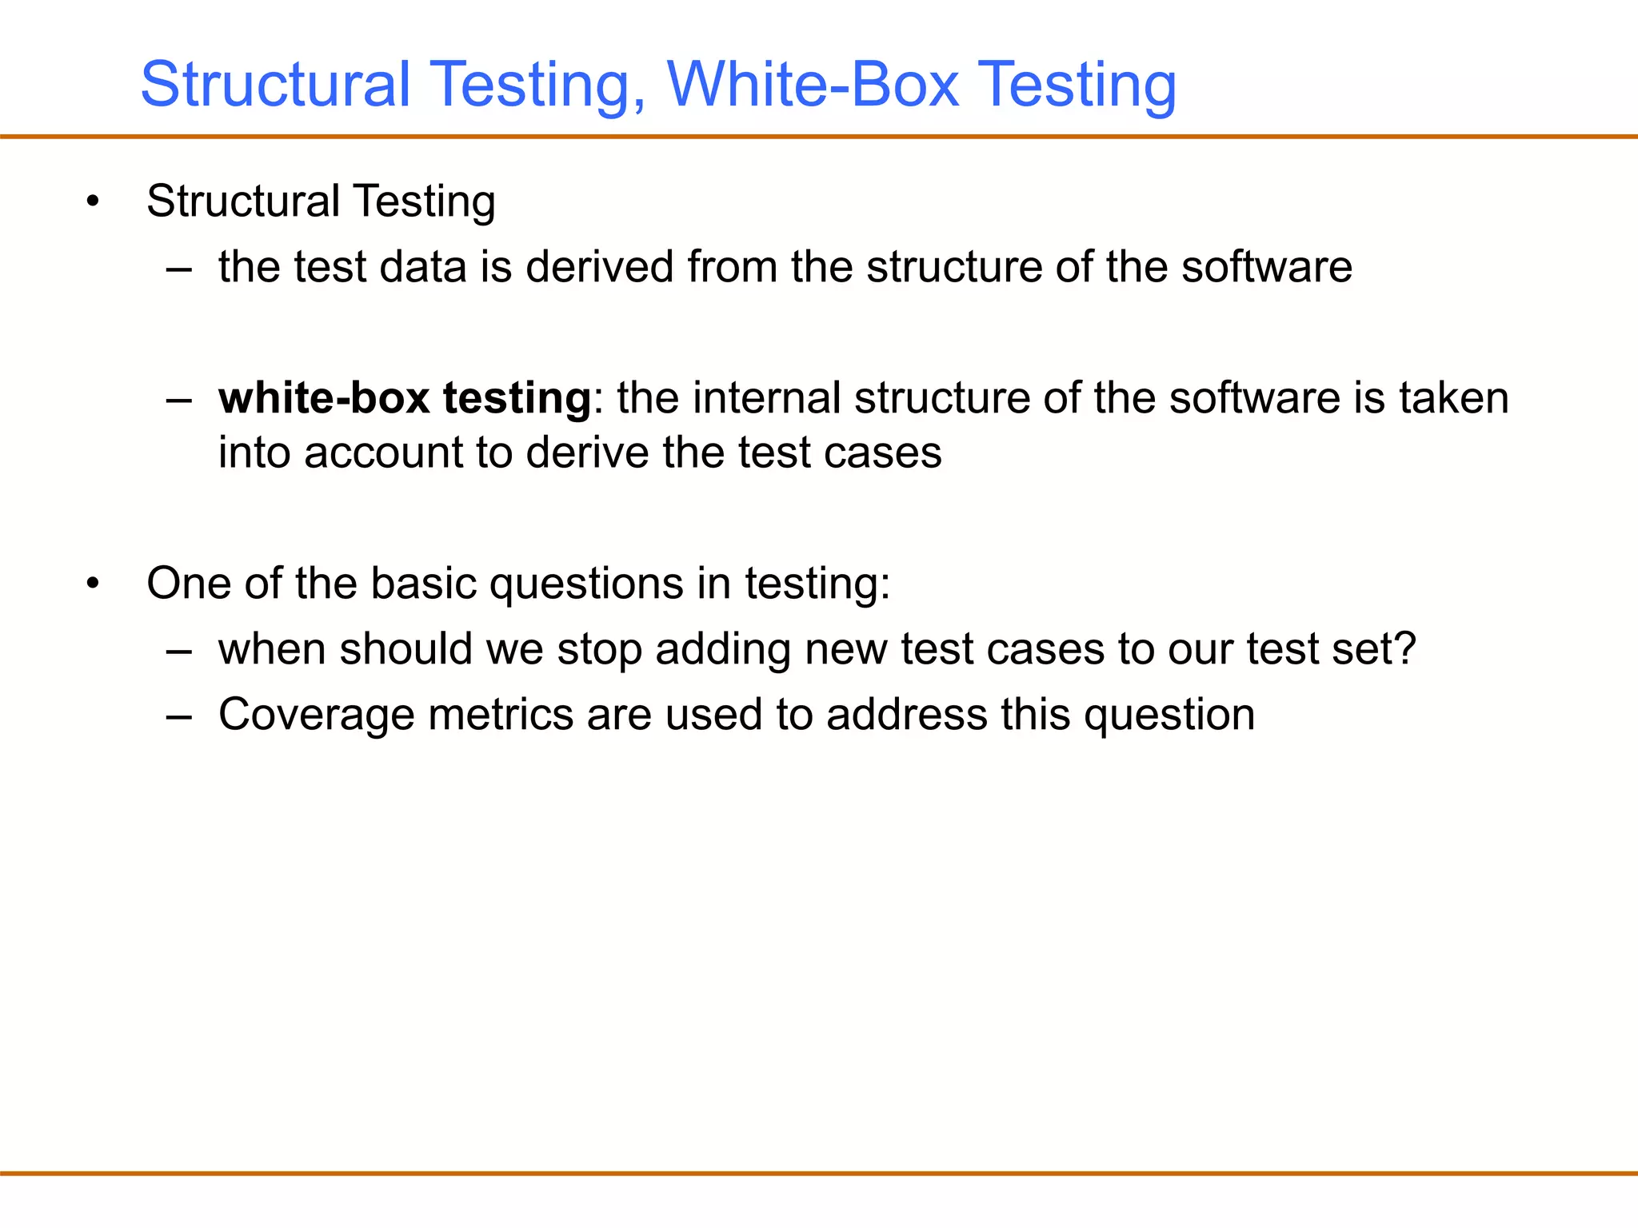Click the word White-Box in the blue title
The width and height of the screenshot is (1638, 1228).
point(812,84)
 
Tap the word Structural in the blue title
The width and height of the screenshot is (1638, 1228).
point(275,84)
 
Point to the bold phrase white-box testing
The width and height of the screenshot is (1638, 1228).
point(405,398)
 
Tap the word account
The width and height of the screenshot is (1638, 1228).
point(383,453)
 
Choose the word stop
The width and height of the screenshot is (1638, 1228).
point(600,648)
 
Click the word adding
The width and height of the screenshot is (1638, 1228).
point(723,648)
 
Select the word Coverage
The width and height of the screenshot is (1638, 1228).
point(316,714)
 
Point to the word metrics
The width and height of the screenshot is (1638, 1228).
point(501,714)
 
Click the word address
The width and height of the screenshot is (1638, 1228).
point(907,714)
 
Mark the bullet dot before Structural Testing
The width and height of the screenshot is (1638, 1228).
point(94,201)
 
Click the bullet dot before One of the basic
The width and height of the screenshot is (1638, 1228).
point(94,584)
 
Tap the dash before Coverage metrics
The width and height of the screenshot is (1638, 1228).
point(179,716)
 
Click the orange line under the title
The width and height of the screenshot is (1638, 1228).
point(819,137)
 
